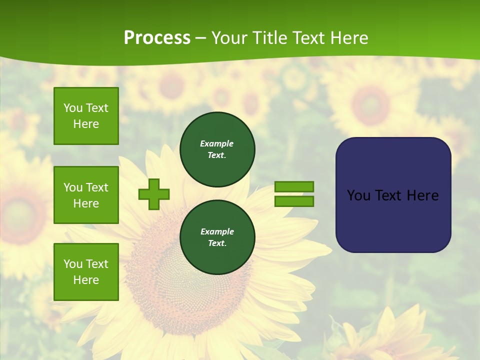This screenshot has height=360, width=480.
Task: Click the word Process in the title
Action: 157,38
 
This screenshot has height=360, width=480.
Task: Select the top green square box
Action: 86,116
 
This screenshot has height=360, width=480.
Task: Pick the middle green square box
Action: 86,195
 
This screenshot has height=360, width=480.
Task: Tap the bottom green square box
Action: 86,272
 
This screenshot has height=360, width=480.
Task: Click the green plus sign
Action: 154,194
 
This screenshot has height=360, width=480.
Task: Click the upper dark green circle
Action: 217,149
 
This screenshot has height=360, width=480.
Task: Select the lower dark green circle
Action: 217,237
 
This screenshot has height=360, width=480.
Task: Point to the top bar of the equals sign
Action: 294,186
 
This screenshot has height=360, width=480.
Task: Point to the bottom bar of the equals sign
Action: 294,201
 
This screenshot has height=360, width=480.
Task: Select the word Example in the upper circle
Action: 217,143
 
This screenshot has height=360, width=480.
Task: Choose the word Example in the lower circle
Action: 217,231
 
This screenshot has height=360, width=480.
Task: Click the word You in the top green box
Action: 73,108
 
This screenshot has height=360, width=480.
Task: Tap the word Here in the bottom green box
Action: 86,280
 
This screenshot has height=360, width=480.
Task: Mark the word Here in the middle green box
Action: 86,203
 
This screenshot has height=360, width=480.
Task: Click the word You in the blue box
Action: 358,195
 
